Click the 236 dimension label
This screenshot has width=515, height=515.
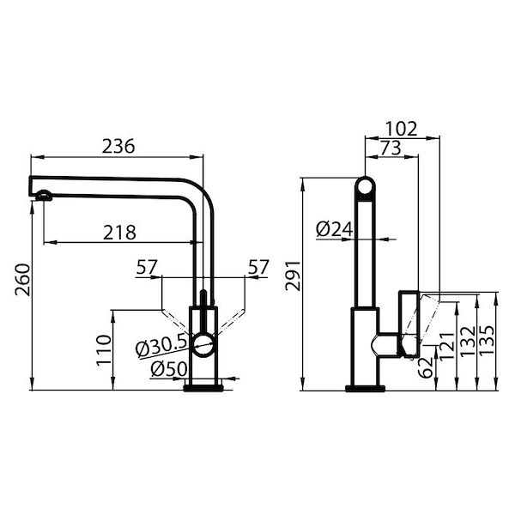[118, 146]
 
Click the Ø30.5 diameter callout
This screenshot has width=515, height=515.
[161, 347]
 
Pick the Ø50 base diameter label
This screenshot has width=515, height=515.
[168, 369]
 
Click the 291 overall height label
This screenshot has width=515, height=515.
[294, 275]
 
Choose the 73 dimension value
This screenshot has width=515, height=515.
[389, 148]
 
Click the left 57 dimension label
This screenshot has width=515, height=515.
[146, 268]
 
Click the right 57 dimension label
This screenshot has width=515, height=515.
[258, 268]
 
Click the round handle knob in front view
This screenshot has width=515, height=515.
[203, 345]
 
